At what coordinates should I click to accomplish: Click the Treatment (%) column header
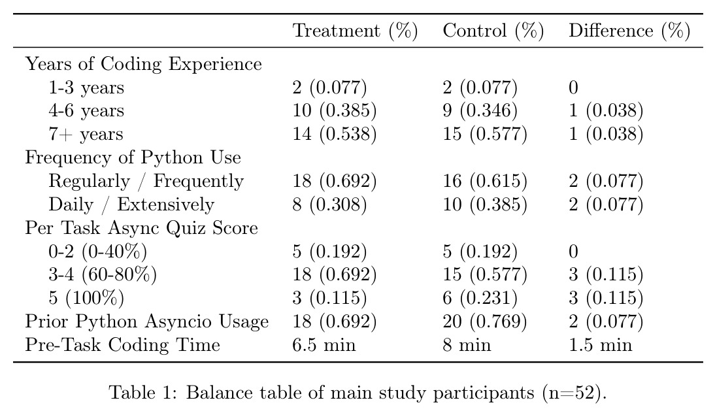pos(355,31)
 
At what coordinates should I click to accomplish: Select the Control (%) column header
pos(493,31)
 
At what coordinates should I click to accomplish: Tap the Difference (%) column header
pos(629,31)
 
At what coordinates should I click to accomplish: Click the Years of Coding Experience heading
pos(144,64)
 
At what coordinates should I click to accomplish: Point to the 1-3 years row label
pos(86,88)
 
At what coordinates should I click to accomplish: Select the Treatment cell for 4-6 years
pos(334,111)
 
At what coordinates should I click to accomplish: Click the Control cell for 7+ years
pos(485,134)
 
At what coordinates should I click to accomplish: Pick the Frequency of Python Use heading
pos(133,157)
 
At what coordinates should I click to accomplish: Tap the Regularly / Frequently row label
pos(146,182)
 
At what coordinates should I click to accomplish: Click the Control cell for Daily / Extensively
pos(485,205)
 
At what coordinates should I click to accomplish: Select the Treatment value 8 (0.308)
pos(329,205)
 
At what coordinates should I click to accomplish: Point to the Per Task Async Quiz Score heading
pos(141,228)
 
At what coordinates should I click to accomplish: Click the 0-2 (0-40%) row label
pos(97,252)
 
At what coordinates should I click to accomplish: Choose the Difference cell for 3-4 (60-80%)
pos(606,275)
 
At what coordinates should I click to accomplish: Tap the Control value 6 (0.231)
pos(480,298)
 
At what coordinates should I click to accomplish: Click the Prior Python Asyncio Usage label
pos(147,322)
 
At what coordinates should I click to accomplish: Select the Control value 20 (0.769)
pos(485,322)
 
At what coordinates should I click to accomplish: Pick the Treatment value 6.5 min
pos(324,345)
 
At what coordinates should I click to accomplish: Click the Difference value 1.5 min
pos(600,345)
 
